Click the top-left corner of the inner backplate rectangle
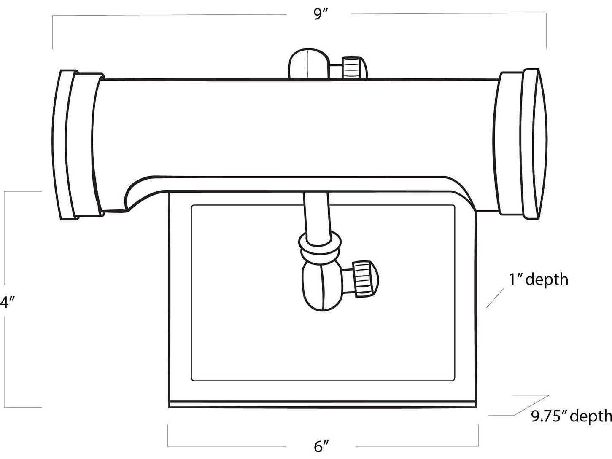191,206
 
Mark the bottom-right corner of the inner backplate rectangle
455,381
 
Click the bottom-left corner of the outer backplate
169,408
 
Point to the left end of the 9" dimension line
53,16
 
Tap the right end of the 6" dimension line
478,446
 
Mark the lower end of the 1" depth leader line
486,308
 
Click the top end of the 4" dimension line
5,191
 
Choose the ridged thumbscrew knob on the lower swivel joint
366,279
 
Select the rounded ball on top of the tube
308,64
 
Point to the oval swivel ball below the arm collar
323,285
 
